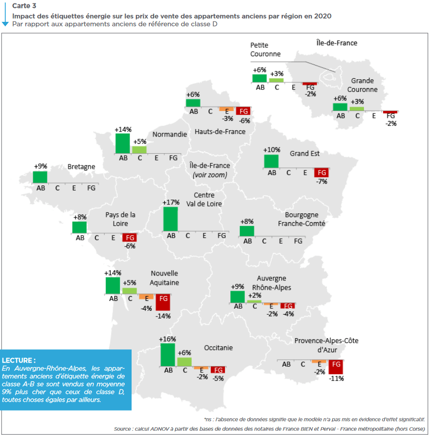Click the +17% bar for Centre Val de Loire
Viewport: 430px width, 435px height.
click(170, 219)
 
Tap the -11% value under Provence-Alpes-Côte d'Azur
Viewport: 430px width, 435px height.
click(336, 378)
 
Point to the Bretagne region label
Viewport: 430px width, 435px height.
click(81, 166)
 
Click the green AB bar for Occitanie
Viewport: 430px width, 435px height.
click(168, 355)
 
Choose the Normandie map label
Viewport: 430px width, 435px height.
click(169, 134)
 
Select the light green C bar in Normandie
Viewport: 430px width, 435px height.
click(139, 150)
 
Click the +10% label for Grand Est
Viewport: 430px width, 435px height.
click(272, 150)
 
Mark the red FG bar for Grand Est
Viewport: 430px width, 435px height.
click(321, 173)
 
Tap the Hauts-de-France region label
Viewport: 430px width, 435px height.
click(220, 132)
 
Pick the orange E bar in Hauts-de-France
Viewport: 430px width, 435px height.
click(226, 109)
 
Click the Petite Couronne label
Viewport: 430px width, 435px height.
click(265, 49)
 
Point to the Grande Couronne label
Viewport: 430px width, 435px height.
click(362, 85)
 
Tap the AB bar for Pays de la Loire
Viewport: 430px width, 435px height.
click(79, 228)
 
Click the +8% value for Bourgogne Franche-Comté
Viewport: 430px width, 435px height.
click(247, 221)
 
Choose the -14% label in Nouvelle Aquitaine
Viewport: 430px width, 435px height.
click(163, 316)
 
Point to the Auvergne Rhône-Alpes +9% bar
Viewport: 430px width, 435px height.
click(237, 297)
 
